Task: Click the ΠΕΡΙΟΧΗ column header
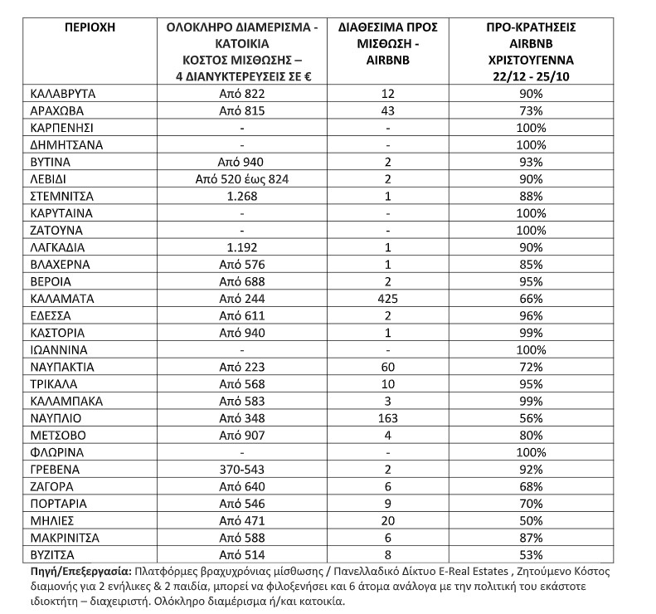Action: [x=89, y=27]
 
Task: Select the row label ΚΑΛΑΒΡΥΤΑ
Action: [x=63, y=95]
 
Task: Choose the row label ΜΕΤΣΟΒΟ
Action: [x=58, y=435]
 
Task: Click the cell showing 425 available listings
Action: [x=382, y=297]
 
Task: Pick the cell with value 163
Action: [x=382, y=417]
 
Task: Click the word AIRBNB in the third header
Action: [x=382, y=60]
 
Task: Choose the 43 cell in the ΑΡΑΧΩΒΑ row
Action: [x=382, y=111]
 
